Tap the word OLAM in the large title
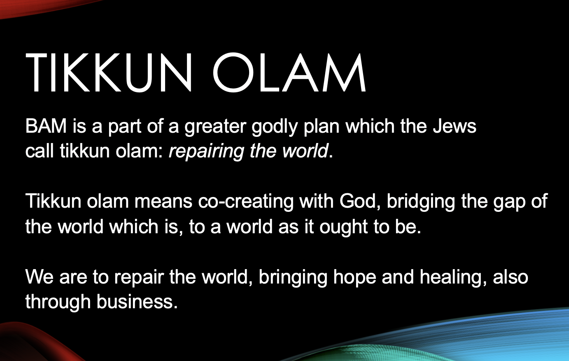289,73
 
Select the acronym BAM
46,126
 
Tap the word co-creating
246,202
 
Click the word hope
354,277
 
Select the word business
137,302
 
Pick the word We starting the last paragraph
40,277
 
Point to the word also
511,277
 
